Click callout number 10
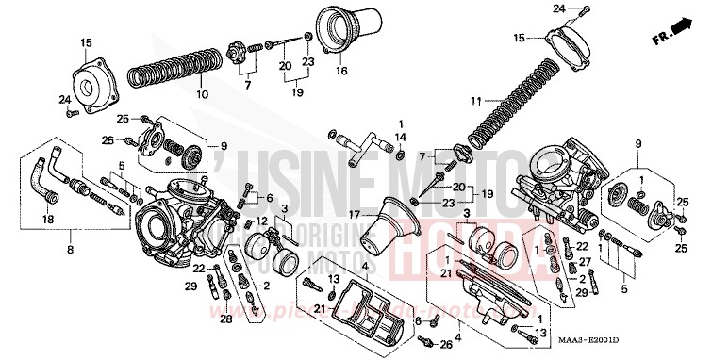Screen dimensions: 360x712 [199, 94]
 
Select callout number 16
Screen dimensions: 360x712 [341, 71]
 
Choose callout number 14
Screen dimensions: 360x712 [401, 138]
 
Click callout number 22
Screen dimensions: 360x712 [199, 270]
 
